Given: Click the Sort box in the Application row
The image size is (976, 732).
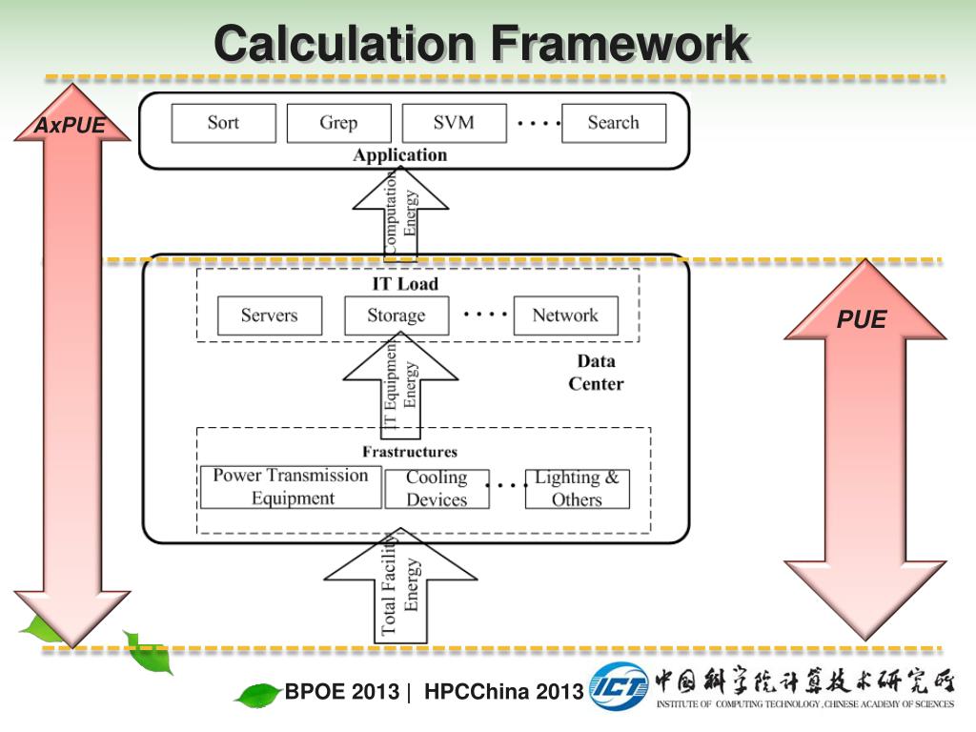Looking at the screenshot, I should [223, 123].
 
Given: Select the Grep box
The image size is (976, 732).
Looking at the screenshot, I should [338, 123].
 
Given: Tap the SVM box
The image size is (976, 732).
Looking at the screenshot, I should [454, 123].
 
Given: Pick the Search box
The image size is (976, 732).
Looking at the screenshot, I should [613, 123].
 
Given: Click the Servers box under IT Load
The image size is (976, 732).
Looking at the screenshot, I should [269, 315].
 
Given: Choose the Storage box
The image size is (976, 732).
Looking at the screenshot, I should [396, 315].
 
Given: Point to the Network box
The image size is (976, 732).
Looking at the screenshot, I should [565, 315].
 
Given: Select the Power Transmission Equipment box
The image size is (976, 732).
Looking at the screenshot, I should [290, 487].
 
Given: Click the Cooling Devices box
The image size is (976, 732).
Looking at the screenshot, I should [437, 489].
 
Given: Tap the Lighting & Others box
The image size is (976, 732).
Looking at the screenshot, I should [577, 489].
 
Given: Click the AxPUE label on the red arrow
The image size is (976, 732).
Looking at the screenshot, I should [70, 126].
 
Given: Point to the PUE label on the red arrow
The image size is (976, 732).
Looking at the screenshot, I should [862, 320].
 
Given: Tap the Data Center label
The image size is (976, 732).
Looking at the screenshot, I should [596, 373].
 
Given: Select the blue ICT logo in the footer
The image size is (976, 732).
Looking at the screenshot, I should [619, 685].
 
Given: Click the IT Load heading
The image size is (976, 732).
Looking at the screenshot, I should [405, 284].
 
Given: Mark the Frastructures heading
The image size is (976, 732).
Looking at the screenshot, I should [410, 452].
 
